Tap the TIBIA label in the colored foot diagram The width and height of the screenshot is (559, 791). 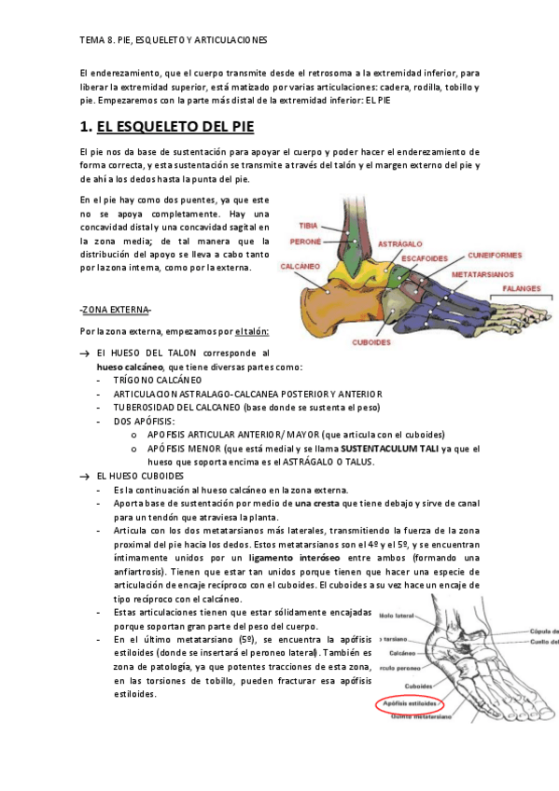click(x=307, y=226)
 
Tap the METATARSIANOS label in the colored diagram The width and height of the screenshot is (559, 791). click(x=484, y=275)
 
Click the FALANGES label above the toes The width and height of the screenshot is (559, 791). click(x=524, y=289)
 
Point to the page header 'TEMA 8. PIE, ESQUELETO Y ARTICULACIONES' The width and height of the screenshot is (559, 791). click(x=174, y=41)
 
